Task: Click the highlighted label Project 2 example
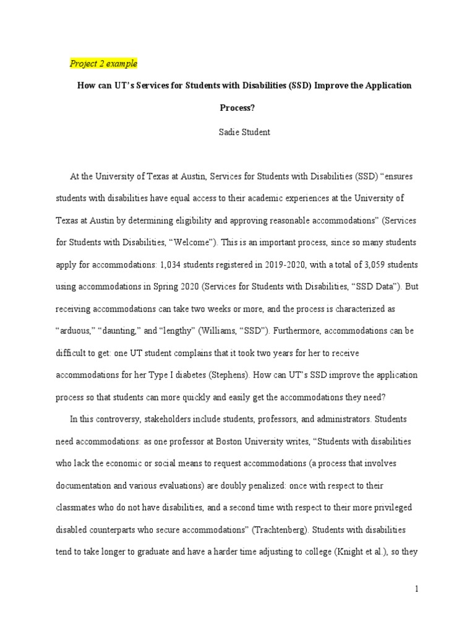point(103,64)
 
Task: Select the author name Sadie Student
point(246,132)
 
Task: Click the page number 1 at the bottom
point(417,589)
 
